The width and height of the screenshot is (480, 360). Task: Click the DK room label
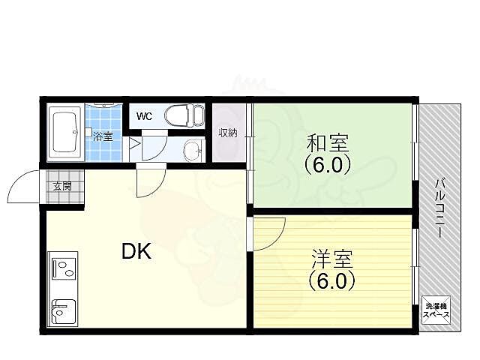coord(136,252)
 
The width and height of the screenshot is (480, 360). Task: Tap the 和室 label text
coord(326,142)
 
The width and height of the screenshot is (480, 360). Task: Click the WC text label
coord(145,116)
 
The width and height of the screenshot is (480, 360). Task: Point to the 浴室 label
coord(103,137)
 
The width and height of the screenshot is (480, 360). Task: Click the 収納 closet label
coord(228,133)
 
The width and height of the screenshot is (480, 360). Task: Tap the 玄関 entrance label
coord(62,186)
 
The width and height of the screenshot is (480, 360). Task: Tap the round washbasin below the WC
coord(193,150)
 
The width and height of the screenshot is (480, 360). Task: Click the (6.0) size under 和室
coord(327,164)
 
